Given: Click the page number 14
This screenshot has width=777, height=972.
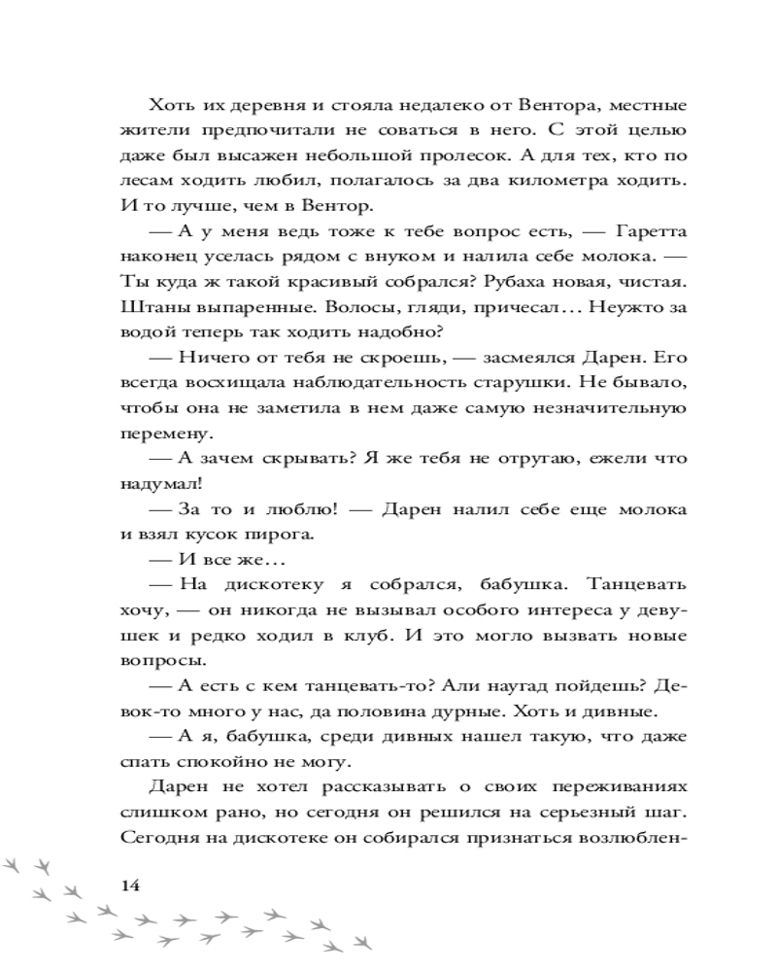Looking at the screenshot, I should (x=129, y=885).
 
